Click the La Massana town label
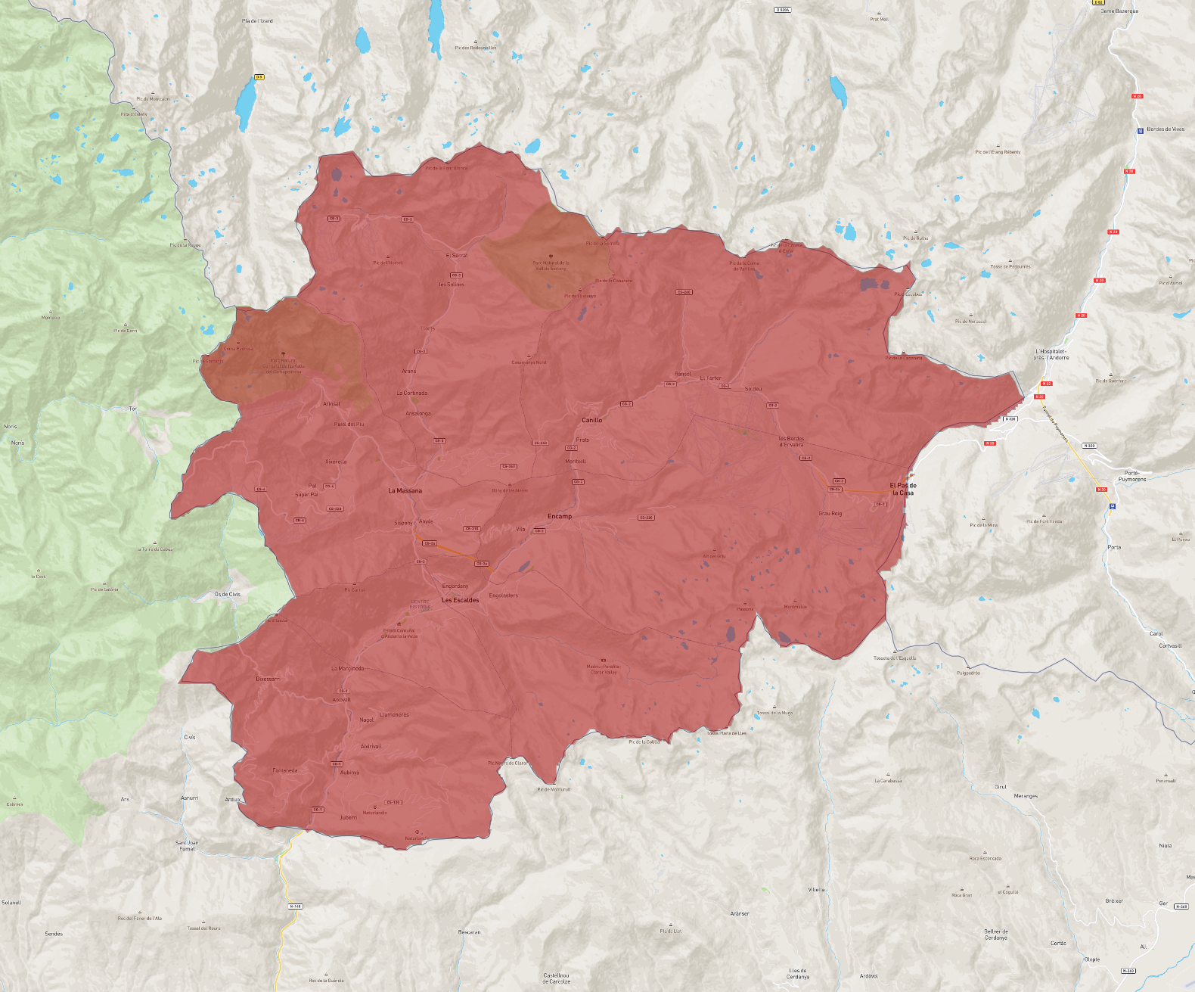pyautogui.click(x=405, y=491)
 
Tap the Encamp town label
pyautogui.click(x=560, y=516)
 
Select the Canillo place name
pyautogui.click(x=592, y=420)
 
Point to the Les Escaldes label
pyautogui.click(x=461, y=600)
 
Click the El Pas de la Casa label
pyautogui.click(x=903, y=489)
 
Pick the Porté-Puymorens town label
pyautogui.click(x=1132, y=476)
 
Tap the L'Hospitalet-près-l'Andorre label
pyautogui.click(x=1052, y=354)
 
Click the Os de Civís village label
pyautogui.click(x=227, y=594)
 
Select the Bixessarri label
pyautogui.click(x=267, y=679)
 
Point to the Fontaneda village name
pyautogui.click(x=285, y=770)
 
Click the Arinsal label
pyautogui.click(x=331, y=404)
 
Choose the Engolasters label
pyautogui.click(x=504, y=596)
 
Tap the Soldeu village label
pyautogui.click(x=753, y=389)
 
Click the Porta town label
pyautogui.click(x=1114, y=547)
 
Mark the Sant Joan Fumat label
pyautogui.click(x=187, y=845)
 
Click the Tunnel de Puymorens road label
pyautogui.click(x=1055, y=424)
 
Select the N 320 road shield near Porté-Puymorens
pyautogui.click(x=1089, y=446)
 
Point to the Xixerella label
pyautogui.click(x=336, y=462)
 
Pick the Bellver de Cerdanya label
pyautogui.click(x=996, y=934)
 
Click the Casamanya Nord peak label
pyautogui.click(x=529, y=362)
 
